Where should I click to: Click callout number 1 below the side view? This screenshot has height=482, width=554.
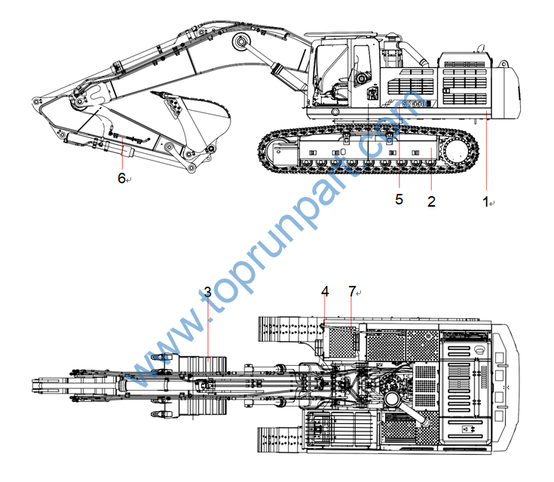[486, 202]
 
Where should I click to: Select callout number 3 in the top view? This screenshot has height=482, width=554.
[207, 292]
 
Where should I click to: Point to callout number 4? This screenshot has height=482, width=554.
[325, 290]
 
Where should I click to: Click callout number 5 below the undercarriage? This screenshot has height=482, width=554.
[399, 199]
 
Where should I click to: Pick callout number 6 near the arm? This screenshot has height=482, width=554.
[121, 178]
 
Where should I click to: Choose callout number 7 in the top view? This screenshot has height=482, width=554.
[352, 290]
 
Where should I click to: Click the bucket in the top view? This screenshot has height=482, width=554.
[202, 385]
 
